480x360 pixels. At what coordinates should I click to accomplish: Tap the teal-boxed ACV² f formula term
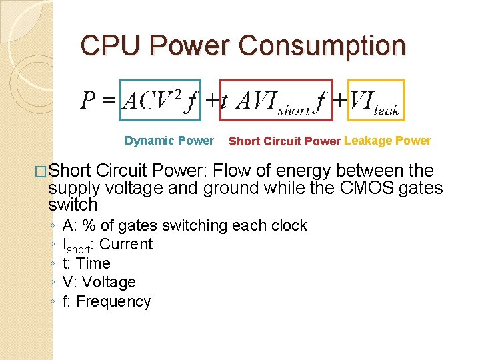point(159,100)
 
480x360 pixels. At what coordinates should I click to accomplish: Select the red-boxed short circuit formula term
point(276,100)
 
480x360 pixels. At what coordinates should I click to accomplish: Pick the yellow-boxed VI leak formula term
point(375,100)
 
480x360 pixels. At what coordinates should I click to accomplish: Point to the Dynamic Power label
point(169,140)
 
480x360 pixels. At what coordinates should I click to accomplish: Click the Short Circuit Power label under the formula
point(285,141)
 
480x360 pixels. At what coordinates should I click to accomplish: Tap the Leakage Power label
point(387,140)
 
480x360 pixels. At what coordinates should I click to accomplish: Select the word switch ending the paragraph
point(72,205)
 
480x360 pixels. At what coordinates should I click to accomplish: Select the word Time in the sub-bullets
point(93,263)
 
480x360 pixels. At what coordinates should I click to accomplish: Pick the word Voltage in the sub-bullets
point(109,282)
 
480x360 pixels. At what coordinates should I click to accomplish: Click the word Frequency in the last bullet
point(113,301)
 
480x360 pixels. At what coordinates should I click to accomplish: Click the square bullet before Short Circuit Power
point(41,171)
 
